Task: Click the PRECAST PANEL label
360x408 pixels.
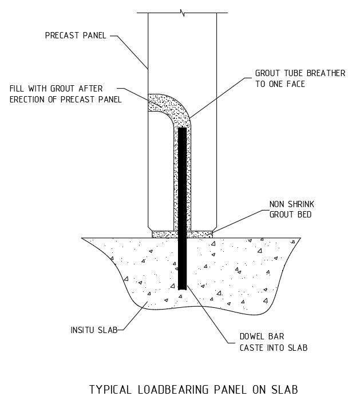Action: (76, 35)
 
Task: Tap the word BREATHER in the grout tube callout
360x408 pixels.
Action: (326, 73)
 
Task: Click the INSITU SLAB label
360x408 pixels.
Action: (94, 330)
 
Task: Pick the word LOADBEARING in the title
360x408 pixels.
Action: (173, 390)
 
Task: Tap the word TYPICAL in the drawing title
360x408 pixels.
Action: (110, 390)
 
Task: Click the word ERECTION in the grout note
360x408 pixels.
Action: (27, 100)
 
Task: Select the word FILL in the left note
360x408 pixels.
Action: (17, 89)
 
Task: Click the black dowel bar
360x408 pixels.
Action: (183, 209)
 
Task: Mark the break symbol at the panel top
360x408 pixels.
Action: (182, 13)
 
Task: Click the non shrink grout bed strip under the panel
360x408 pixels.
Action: (182, 234)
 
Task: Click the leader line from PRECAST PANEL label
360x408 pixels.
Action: (129, 52)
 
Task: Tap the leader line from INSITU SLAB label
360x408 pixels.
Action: (132, 316)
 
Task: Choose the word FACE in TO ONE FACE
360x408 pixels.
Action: (296, 84)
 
